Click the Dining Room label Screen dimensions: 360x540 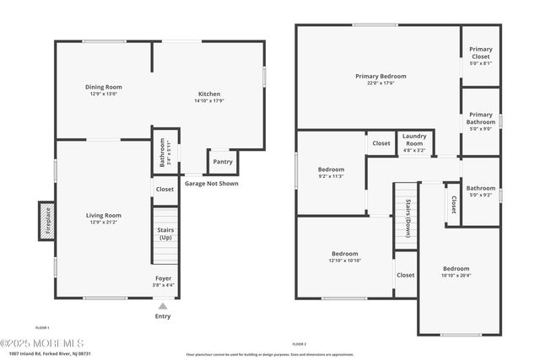click(105, 87)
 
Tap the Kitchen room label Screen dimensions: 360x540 click(209, 94)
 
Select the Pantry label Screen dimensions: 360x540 click(223, 162)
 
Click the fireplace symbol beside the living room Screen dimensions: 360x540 click(47, 220)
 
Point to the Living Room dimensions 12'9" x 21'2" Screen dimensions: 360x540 click(104, 223)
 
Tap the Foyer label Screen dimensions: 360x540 click(163, 277)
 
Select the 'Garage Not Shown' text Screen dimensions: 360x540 click(211, 183)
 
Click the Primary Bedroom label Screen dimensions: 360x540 click(381, 76)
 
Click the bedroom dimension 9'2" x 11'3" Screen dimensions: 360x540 click(331, 176)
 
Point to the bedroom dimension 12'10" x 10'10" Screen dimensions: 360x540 click(344, 261)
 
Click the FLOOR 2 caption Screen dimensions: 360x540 click(299, 344)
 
